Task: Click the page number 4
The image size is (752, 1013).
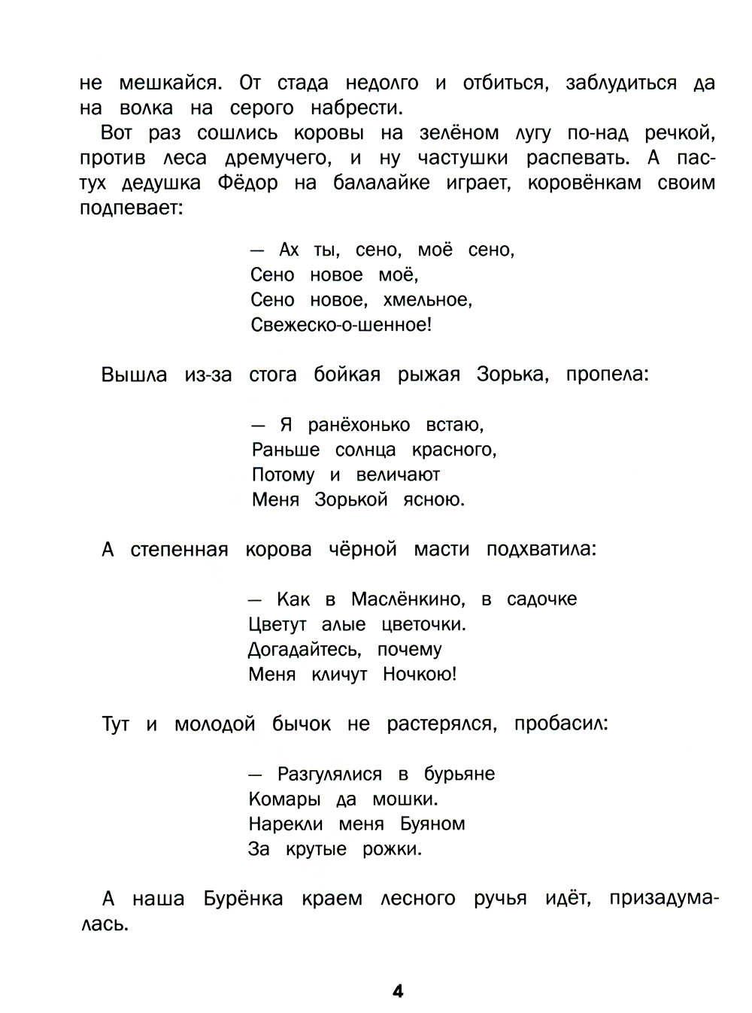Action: pos(398,990)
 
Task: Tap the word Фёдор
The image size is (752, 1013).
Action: pos(247,183)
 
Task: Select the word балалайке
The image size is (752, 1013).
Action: pos(381,183)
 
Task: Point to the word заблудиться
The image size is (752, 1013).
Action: pos(620,83)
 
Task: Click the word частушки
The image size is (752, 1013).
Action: pos(462,158)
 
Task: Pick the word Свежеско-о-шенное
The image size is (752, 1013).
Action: pos(341,325)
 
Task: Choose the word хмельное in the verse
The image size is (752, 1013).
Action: pos(427,300)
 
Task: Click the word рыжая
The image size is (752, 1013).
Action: pos(429,375)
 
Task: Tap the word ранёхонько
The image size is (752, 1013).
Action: pos(359,425)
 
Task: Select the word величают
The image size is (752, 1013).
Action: pos(398,475)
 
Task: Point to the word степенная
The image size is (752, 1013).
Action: pos(179,550)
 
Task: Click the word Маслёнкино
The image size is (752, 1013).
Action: pos(408,599)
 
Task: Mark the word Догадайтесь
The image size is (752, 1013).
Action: pos(305,649)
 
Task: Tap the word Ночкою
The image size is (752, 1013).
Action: pos(419,674)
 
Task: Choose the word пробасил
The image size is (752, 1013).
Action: pos(561,724)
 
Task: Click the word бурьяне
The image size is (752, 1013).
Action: pos(459,774)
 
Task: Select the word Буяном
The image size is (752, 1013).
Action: pos(432,824)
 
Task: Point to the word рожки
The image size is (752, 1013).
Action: pos(392,849)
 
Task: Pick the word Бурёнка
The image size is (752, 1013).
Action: pos(243,899)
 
